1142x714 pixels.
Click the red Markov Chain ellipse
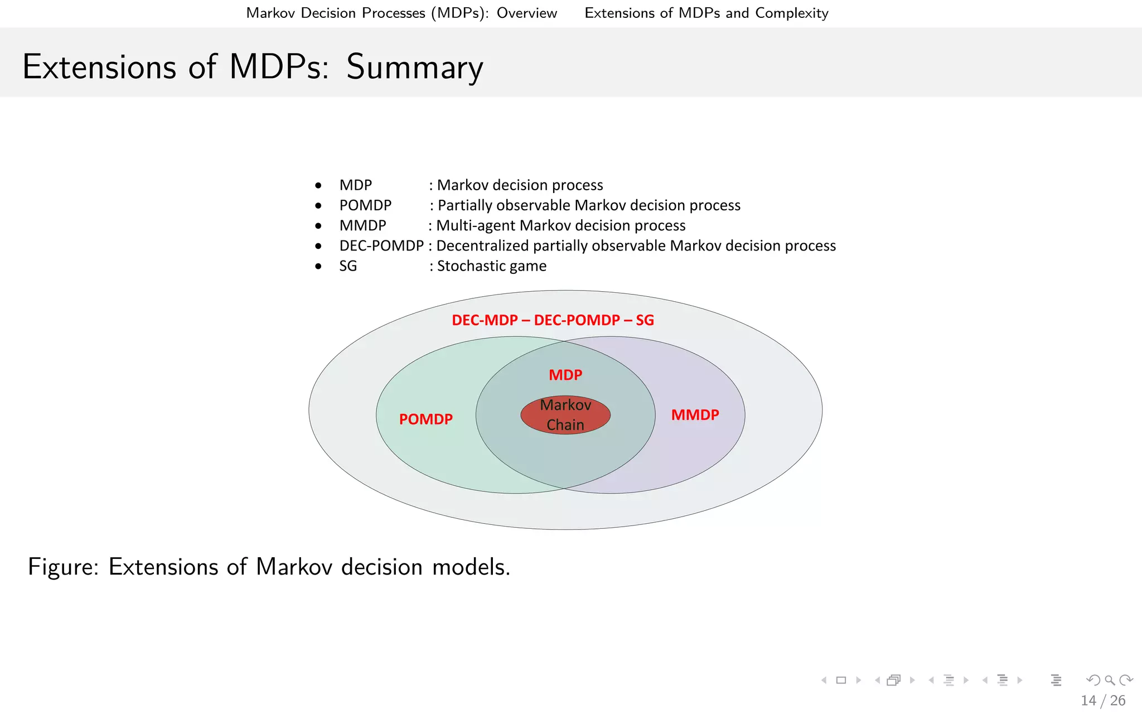point(565,415)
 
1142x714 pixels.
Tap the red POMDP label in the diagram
point(425,419)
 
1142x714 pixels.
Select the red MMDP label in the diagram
point(695,415)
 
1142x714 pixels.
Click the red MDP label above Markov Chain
point(565,375)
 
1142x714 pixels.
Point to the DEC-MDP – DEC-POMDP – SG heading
point(553,320)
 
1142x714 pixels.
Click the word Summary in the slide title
point(414,67)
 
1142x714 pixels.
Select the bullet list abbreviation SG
point(348,266)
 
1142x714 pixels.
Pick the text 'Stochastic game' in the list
point(491,266)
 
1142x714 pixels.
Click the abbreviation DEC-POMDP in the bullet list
point(381,246)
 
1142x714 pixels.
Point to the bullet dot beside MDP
point(318,185)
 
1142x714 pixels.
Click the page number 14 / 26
point(1102,701)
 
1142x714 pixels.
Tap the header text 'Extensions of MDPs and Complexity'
point(706,13)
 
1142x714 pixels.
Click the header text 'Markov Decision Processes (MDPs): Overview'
point(401,13)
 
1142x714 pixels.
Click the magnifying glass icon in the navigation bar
point(1110,680)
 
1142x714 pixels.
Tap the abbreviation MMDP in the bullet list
point(362,225)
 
